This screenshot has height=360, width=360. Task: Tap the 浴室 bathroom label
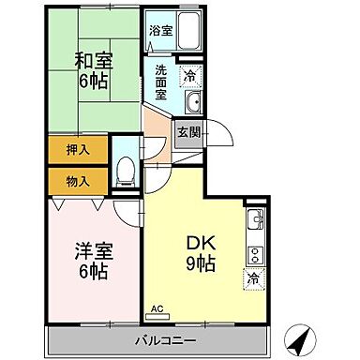161,31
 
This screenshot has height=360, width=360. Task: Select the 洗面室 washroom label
161,82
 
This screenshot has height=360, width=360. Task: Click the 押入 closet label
79,149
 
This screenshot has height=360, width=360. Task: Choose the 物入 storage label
79,180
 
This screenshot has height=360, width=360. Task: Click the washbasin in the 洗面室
193,103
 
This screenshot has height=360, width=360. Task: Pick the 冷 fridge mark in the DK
253,279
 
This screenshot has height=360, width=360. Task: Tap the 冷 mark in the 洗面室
190,75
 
